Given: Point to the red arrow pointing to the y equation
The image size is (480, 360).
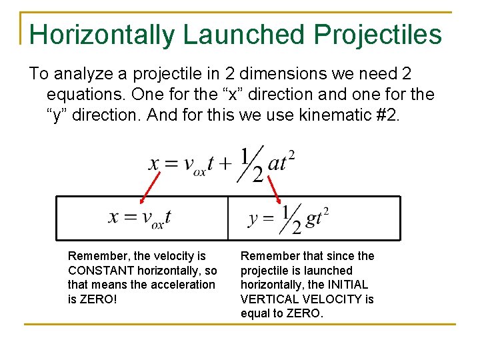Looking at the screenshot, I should [273, 188].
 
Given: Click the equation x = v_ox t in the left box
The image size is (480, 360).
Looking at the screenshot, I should [140, 217].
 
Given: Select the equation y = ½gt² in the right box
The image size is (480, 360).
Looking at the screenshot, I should [289, 219].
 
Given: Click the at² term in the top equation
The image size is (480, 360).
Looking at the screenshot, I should [281, 163].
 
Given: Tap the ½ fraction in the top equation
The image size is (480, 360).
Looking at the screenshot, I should [251, 164].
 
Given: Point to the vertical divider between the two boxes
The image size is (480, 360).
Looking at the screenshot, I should [228, 217].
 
